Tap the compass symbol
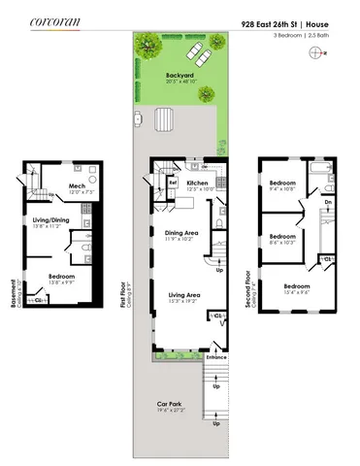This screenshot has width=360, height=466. tap(314, 53)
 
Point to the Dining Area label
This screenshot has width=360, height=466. tap(182, 233)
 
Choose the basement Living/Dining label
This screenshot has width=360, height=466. tap(50, 219)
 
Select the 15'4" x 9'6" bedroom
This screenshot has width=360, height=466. tap(297, 286)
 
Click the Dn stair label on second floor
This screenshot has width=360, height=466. tap(328, 202)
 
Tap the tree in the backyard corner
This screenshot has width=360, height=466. tap(148, 43)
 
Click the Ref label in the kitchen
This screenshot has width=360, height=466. tap(173, 182)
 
